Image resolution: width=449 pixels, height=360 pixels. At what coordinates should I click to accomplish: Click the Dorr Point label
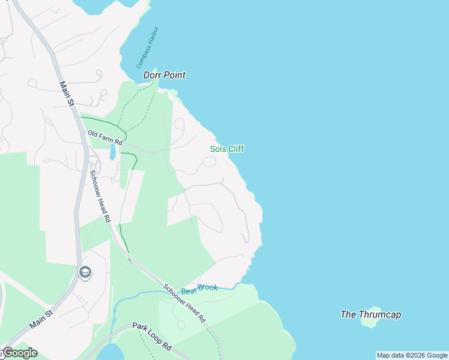tap(164, 75)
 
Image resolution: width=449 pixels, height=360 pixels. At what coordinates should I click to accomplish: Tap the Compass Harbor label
tap(147, 47)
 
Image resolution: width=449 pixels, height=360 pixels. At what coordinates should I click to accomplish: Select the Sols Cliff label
tap(227, 149)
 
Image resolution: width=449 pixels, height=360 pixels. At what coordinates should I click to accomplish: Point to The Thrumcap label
tap(370, 314)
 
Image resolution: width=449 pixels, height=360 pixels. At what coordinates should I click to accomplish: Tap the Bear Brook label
tap(199, 288)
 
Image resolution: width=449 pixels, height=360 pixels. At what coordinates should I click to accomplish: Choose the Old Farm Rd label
tap(105, 138)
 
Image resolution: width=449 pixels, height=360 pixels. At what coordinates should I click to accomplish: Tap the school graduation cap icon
tap(85, 273)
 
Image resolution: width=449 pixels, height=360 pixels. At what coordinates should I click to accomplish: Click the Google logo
tap(19, 353)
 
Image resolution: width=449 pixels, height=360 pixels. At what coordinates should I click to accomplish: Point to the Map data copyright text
tap(412, 355)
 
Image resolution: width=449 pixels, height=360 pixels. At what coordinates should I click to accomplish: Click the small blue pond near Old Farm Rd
tap(112, 152)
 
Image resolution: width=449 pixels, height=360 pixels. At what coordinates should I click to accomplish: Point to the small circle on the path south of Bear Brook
tap(181, 325)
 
